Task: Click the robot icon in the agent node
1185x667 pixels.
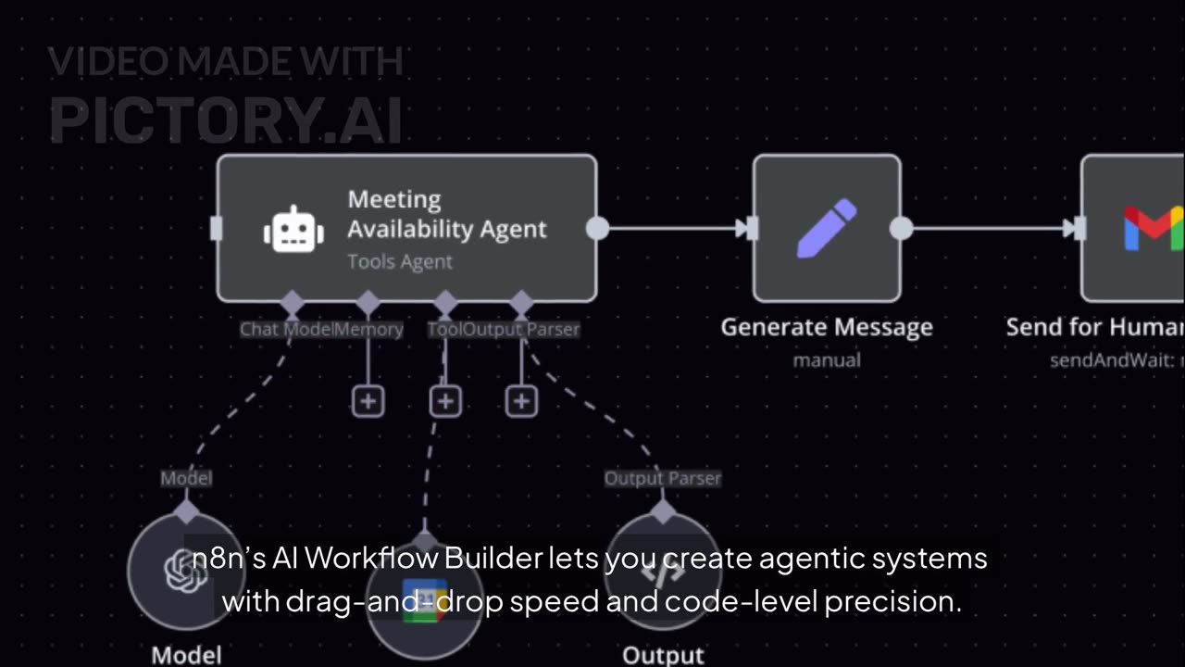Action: [293, 229]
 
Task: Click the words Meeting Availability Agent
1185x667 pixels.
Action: [446, 214]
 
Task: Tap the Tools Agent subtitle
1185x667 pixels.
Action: [400, 262]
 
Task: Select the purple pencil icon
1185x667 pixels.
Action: [826, 228]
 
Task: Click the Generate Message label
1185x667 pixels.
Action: [827, 327]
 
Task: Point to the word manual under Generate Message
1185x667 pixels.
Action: [827, 359]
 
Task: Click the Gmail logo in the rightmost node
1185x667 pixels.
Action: [1153, 228]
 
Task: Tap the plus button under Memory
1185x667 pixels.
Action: [368, 401]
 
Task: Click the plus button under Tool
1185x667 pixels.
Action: [445, 401]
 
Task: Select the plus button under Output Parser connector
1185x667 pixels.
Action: [522, 401]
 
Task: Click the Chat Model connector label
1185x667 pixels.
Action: [285, 329]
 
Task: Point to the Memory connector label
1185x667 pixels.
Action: [368, 329]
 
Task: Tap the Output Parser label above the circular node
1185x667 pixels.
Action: [662, 478]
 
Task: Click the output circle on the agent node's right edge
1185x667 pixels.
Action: [597, 228]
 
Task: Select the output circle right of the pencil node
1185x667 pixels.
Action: [901, 228]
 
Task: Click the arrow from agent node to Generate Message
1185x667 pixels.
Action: [676, 228]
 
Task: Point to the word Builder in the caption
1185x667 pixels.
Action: [493, 559]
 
